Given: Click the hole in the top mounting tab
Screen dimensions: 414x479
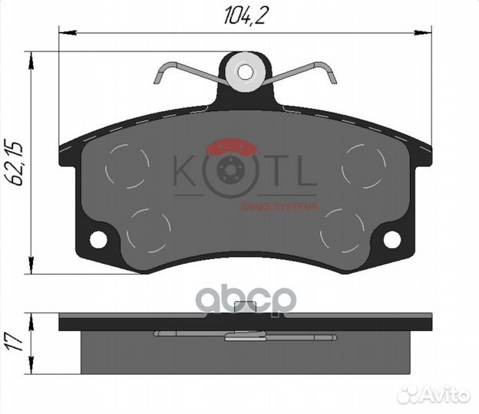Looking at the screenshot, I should (245, 72).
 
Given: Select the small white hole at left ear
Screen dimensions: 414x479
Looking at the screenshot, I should (98, 239).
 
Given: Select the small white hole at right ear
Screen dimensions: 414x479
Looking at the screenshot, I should (391, 239).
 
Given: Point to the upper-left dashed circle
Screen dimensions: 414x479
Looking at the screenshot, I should (127, 166).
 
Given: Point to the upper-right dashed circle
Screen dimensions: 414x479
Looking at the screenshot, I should (364, 164).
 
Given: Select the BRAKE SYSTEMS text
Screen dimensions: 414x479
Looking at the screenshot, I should (279, 206).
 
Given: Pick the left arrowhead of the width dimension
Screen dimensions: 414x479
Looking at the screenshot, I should (66, 31).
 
